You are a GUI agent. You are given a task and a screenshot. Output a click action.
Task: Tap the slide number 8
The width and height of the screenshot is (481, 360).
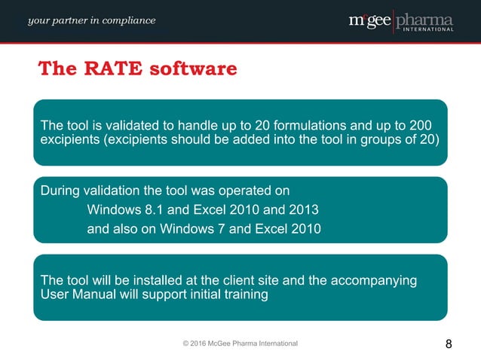[x=449, y=344]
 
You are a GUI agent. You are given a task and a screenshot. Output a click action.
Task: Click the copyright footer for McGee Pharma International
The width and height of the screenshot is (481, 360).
[x=240, y=343]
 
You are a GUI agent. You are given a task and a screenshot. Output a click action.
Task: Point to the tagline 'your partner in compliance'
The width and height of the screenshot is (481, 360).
[x=92, y=20]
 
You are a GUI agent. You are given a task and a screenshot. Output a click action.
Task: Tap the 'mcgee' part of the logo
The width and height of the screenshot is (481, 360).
[x=370, y=20]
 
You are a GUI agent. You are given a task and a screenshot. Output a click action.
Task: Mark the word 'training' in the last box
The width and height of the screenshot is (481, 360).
[x=242, y=294]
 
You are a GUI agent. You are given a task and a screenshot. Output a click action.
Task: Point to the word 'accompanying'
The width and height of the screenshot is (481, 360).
[x=363, y=280]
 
